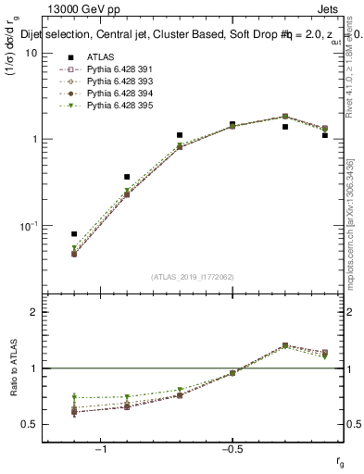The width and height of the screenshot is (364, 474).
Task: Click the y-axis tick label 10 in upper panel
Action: (x=31, y=53)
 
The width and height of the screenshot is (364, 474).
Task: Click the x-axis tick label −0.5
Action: (x=231, y=450)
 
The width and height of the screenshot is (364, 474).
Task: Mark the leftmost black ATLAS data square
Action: (x=74, y=234)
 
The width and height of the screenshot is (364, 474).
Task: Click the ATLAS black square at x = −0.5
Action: (x=232, y=124)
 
